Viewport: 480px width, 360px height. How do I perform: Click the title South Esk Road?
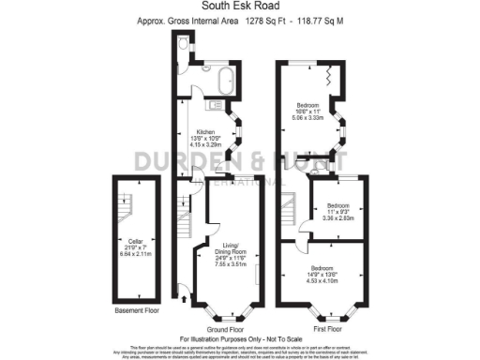tap(240, 7)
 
